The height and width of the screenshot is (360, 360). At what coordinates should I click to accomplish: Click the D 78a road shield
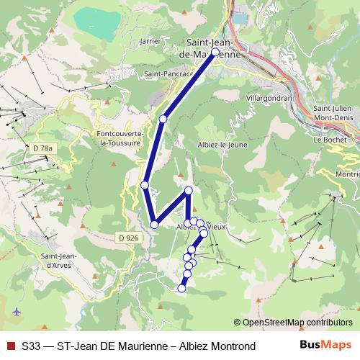(42, 148)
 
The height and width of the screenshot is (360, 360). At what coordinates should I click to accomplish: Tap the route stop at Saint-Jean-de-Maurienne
(215, 53)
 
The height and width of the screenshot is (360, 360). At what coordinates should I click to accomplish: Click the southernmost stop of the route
(181, 289)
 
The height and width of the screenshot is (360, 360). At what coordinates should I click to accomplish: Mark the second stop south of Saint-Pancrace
(145, 185)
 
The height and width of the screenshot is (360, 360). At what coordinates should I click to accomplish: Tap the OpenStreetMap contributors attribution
(297, 323)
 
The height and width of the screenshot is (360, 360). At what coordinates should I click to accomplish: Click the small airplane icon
(17, 312)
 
